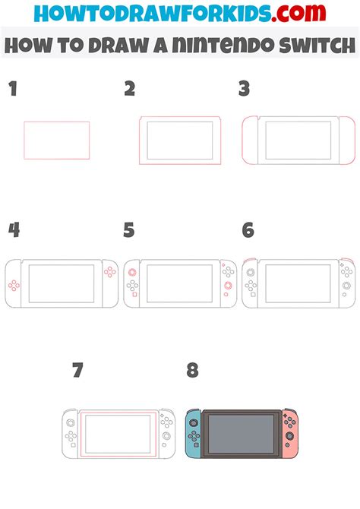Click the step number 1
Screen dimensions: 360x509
point(13,89)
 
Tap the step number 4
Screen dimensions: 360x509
point(14,230)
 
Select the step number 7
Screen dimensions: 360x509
point(78,370)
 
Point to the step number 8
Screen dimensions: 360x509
point(192,370)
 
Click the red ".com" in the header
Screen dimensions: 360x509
point(298,13)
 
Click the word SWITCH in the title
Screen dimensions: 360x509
point(317,45)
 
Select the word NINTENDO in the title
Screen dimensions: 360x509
point(223,45)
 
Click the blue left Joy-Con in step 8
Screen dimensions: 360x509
point(194,433)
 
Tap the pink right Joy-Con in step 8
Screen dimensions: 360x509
point(289,434)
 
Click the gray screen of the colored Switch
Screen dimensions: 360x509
point(241,433)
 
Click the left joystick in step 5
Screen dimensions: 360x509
point(132,273)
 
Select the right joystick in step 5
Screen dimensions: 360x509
point(228,286)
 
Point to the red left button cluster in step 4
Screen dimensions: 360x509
point(14,286)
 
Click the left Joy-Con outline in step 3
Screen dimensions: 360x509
point(243,141)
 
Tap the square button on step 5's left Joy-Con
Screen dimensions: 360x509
point(134,295)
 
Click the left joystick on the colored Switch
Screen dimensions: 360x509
point(194,423)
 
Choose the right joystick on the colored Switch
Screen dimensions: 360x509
point(289,436)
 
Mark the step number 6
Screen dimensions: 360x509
point(248,230)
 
